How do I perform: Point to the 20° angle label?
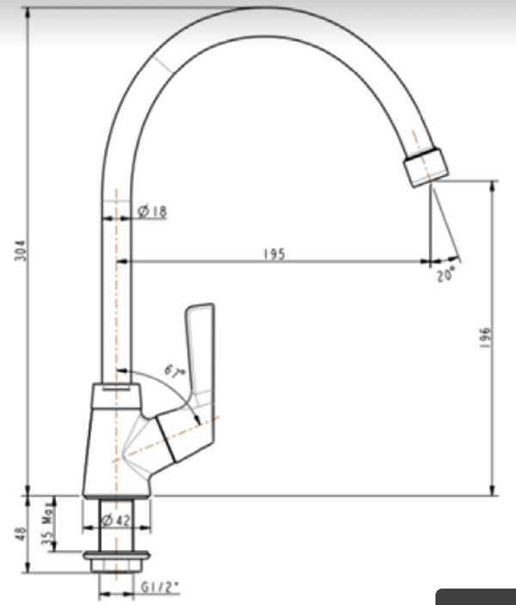point(445,275)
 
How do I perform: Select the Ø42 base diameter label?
point(115,520)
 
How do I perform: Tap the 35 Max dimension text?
point(49,524)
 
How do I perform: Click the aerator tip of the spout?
point(424,167)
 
